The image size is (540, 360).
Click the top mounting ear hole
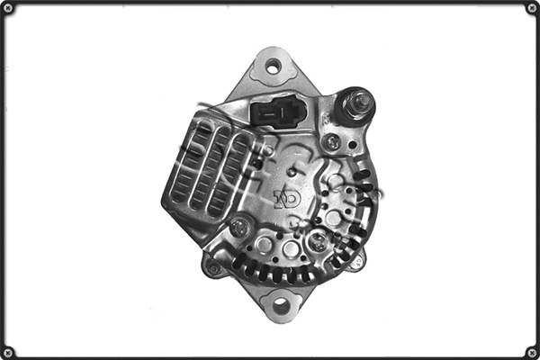272,66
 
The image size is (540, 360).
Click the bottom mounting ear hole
281,306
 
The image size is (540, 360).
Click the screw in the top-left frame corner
8,8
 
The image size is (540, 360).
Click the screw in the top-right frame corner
531,8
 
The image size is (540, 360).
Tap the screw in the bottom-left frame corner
8,351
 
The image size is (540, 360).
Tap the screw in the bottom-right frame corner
531,351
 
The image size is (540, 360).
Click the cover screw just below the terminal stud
333,141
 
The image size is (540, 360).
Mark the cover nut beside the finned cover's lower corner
238,228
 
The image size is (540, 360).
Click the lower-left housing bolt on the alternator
213,267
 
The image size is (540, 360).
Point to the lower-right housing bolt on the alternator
356,262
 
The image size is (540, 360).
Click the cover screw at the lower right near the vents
319,239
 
